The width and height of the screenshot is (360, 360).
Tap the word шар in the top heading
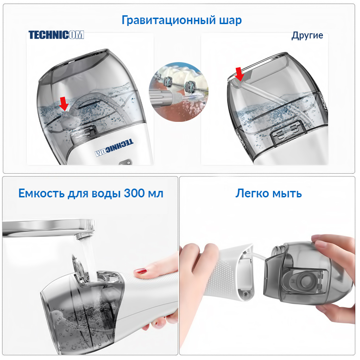pyautogui.click(x=230, y=20)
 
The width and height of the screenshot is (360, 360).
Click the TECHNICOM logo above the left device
pyautogui.click(x=56, y=35)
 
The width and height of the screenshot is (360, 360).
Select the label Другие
pyautogui.click(x=307, y=36)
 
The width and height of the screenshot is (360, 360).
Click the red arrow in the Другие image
pyautogui.click(x=240, y=74)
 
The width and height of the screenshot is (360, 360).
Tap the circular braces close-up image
pyautogui.click(x=179, y=92)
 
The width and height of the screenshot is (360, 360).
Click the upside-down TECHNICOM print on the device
pyautogui.click(x=114, y=148)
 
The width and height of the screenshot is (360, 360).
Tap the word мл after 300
pyautogui.click(x=156, y=194)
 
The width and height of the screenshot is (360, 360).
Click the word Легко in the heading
pyautogui.click(x=252, y=193)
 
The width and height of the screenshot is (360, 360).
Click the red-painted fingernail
pyautogui.click(x=140, y=271)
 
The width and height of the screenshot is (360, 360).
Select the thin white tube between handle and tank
pyautogui.click(x=258, y=257)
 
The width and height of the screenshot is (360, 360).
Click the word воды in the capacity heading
pyautogui.click(x=106, y=194)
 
